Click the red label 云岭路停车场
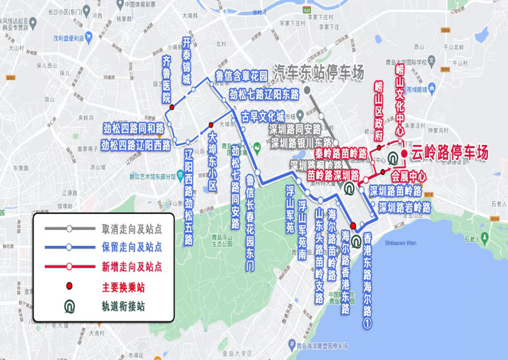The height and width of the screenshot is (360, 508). (449, 152)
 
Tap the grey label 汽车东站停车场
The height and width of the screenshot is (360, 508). (318, 73)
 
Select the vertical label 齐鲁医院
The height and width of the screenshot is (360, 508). (166, 79)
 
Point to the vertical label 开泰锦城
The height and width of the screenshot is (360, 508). (186, 61)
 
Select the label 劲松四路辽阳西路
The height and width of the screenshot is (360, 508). (136, 145)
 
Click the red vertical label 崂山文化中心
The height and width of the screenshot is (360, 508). (400, 100)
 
